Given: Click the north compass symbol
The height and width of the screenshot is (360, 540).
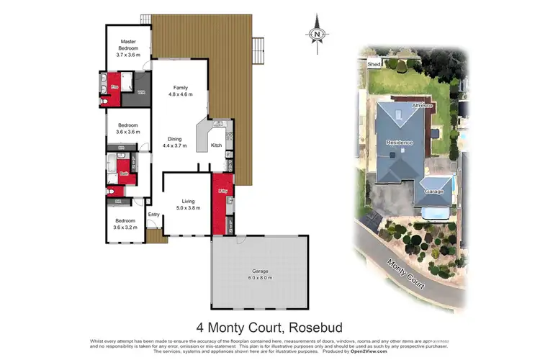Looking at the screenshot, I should pos(317,35).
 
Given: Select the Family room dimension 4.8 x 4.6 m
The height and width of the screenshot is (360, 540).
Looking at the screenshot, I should pos(179,94).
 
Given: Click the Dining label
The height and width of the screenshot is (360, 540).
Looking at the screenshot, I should pos(174,138).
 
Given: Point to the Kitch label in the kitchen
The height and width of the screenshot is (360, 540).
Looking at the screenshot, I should pos(216,145).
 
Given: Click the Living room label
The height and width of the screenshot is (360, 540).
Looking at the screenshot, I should pos(188,201).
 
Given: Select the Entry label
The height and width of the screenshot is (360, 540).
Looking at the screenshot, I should pos(153,214).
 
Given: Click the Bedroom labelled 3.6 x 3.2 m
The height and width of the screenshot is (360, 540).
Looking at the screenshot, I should pos(126,224).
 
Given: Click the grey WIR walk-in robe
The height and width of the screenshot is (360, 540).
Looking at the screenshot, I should pos(141,92).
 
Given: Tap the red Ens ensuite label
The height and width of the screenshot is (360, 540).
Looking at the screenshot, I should pos(114,86).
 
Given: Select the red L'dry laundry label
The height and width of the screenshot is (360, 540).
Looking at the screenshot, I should pos(222,191).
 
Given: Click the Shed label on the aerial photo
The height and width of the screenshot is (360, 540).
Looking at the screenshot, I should pos(374,64).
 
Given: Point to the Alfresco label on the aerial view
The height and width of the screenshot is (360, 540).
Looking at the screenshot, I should pos(421,106).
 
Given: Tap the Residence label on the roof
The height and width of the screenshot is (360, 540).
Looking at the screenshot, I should pos(400,142).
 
